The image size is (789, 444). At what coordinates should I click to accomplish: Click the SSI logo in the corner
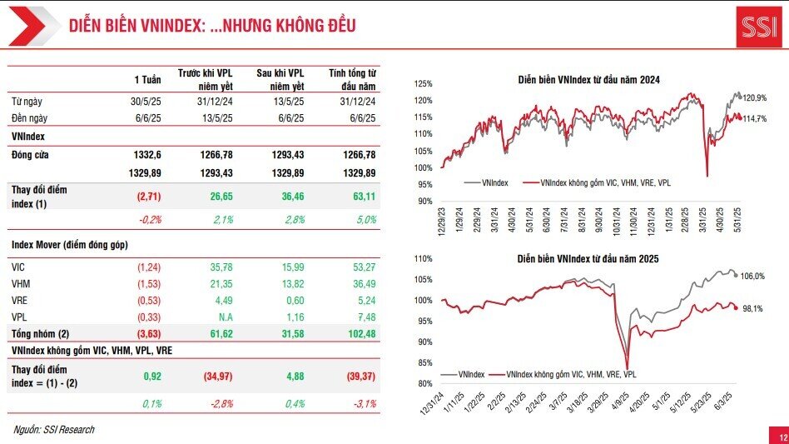[x=758, y=26]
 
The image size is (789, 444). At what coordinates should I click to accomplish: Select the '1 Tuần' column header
[x=147, y=79]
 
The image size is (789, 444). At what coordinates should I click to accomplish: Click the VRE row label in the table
[x=21, y=302]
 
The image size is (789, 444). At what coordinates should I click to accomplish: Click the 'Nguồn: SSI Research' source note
[x=54, y=430]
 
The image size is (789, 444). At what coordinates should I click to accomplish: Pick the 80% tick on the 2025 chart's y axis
[x=424, y=384]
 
